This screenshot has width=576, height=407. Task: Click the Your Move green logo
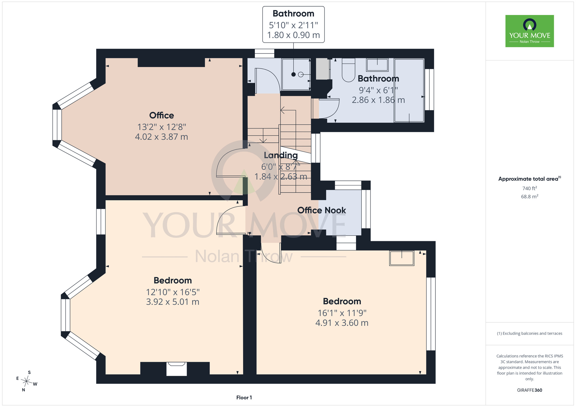(530, 31)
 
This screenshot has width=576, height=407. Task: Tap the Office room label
(162, 115)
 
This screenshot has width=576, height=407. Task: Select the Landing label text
(281, 155)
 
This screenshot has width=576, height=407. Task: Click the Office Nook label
(322, 210)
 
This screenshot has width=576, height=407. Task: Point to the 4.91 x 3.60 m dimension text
(342, 323)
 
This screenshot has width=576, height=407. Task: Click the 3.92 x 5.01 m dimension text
(173, 302)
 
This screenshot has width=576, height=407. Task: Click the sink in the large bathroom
(377, 65)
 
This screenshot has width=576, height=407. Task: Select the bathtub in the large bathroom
(409, 90)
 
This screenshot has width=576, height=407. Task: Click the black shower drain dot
(293, 75)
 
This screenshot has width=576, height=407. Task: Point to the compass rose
(26, 382)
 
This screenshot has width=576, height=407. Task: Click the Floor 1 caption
(244, 398)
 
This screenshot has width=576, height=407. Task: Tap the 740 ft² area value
(530, 188)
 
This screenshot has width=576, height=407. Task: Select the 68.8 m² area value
(530, 197)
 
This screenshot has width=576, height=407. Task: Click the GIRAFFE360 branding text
(530, 390)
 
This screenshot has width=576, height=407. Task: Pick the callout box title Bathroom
(293, 14)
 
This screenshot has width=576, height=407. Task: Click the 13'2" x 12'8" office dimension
(162, 127)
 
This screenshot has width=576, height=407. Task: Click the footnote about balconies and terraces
(530, 333)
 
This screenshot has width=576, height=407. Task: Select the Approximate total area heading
(530, 179)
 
